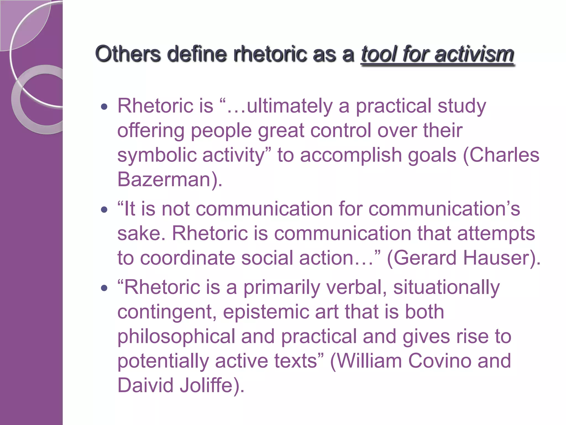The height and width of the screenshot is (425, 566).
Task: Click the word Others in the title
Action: point(128,54)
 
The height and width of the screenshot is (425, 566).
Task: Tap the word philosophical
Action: point(176,336)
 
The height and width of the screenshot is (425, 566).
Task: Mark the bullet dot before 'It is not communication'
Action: point(104,210)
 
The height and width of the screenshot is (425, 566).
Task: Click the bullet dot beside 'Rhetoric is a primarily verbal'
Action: point(104,288)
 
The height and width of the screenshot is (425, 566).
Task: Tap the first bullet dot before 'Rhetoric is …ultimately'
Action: point(104,107)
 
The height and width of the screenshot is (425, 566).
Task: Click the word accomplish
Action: point(351,155)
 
